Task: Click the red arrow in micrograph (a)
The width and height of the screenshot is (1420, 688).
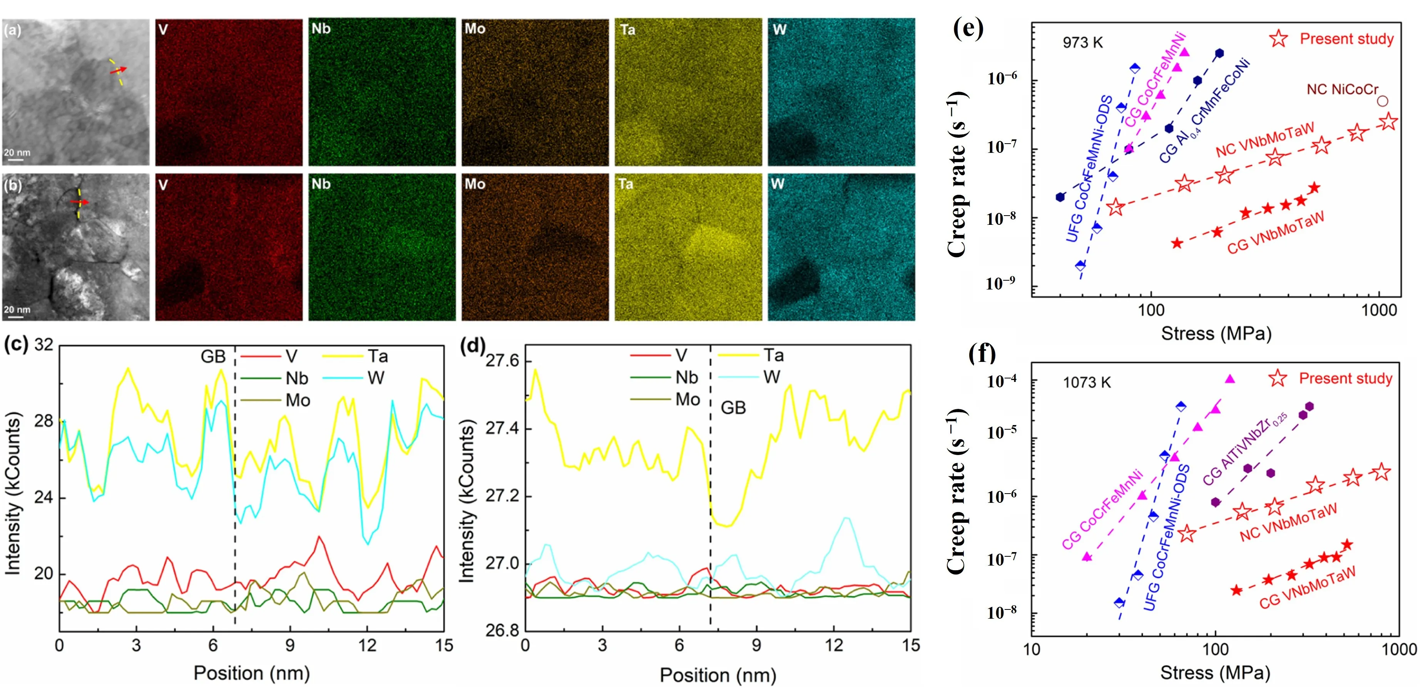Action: point(118,70)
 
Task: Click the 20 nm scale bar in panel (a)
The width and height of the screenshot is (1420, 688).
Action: point(16,156)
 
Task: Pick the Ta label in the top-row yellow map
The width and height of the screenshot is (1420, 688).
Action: point(627,30)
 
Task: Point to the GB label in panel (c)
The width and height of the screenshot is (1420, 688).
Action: point(213,357)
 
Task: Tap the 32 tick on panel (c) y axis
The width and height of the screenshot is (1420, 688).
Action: point(44,345)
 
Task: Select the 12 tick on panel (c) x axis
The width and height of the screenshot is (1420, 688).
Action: point(367,646)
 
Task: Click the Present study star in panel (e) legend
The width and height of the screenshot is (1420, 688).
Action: point(1279,39)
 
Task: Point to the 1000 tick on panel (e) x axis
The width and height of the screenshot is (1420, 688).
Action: point(1379,310)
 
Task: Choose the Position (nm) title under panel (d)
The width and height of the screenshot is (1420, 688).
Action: point(718,675)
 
